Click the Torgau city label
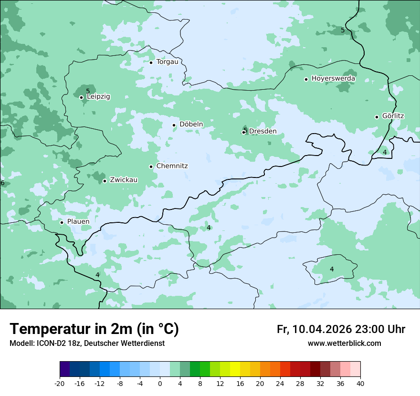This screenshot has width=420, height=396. tap(167, 62)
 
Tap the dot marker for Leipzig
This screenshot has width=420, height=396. tap(81, 97)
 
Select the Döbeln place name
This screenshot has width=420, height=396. tap(191, 125)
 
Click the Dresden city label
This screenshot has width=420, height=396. tap(262, 131)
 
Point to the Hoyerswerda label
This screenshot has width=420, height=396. tap(333, 79)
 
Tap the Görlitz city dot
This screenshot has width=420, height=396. tap(377, 117)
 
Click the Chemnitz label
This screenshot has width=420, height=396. tap(172, 167)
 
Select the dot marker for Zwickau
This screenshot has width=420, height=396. tap(105, 181)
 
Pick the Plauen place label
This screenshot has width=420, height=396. tap(78, 222)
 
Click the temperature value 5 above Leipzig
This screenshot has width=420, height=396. tap(88, 91)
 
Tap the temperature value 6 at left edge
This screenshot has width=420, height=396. tap(2, 183)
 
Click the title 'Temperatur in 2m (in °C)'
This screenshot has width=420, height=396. tap(94, 329)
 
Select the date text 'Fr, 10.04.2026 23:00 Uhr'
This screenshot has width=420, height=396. tap(341, 330)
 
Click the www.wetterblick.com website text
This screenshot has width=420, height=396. tap(344, 344)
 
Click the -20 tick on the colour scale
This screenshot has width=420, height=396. tap(60, 384)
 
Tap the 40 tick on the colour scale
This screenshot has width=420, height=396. tap(360, 384)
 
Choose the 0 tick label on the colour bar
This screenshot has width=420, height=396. tap(160, 384)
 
